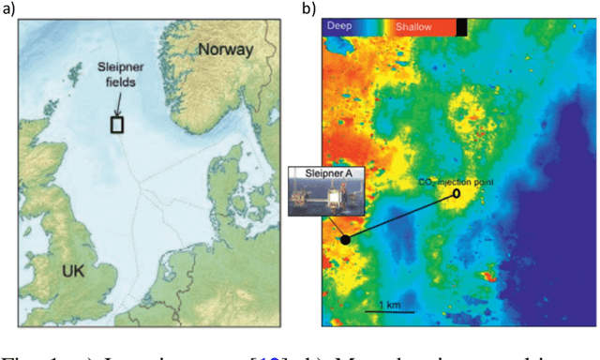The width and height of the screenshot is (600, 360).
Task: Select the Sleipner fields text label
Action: click(x=120, y=75)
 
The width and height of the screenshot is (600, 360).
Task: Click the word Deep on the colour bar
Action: click(x=340, y=27)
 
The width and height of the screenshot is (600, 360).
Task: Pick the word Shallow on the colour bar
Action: click(x=412, y=27)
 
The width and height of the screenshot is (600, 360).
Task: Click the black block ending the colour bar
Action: click(x=461, y=27)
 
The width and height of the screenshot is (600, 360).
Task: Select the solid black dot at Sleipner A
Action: click(x=345, y=239)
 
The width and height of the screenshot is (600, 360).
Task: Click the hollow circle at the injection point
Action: click(x=457, y=194)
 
